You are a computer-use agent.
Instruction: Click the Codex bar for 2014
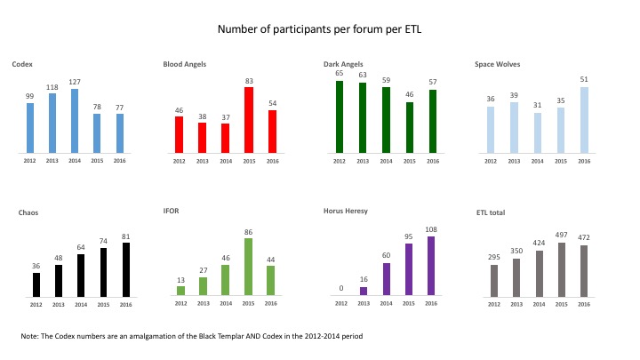(75, 121)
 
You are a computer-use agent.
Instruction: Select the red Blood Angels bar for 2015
(249, 120)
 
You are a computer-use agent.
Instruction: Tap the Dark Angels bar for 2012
(340, 117)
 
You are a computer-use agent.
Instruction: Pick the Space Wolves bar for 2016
(584, 120)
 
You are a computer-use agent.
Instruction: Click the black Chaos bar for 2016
(126, 270)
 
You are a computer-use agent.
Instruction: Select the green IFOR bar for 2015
(248, 267)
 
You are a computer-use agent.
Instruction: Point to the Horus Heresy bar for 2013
(364, 291)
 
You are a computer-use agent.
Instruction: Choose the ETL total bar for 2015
(562, 270)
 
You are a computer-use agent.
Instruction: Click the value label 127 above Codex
(75, 82)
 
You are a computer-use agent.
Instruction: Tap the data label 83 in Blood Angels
(249, 81)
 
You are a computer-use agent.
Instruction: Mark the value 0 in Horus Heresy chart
(341, 288)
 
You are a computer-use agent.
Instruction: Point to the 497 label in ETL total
(561, 235)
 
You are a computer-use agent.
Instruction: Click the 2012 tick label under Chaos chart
(36, 305)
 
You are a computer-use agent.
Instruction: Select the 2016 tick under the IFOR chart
(270, 303)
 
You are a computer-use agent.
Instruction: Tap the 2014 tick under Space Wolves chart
(537, 161)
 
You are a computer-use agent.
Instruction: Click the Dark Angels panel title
(343, 64)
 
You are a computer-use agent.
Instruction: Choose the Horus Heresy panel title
(346, 211)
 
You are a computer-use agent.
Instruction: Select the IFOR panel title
(171, 211)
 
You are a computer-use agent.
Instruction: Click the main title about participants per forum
(320, 29)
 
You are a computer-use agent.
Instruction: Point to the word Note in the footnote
(29, 336)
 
